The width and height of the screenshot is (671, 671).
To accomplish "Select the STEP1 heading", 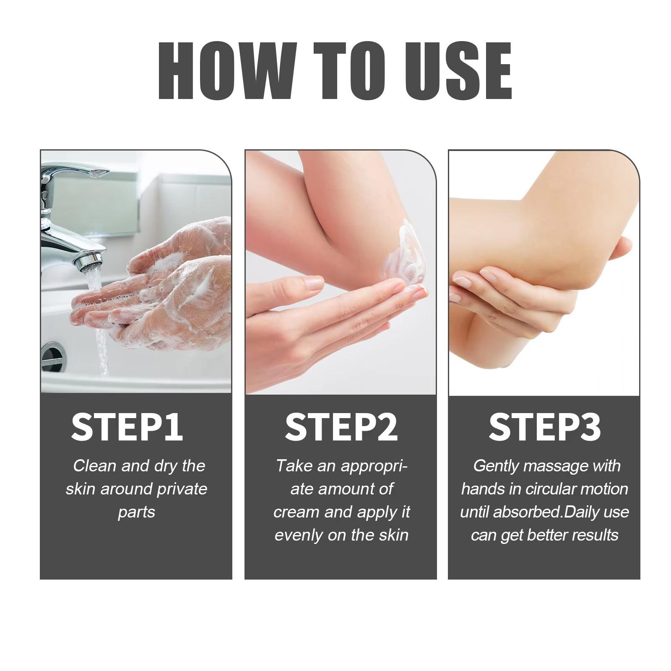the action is point(127,427).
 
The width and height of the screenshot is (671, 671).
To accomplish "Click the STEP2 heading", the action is point(341,427).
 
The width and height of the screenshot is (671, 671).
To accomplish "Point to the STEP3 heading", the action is point(544,427).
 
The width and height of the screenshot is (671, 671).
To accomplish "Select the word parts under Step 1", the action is point(136,512).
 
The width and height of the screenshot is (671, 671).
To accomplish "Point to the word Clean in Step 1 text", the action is point(94,466).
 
